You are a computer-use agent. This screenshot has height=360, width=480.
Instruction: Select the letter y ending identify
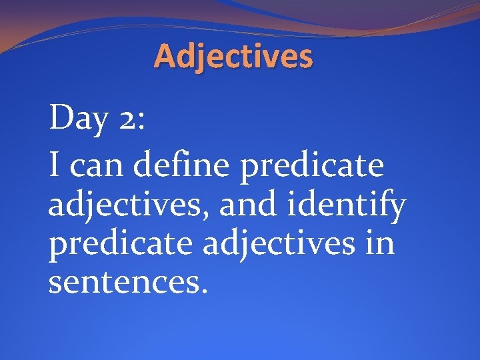point(396,209)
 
